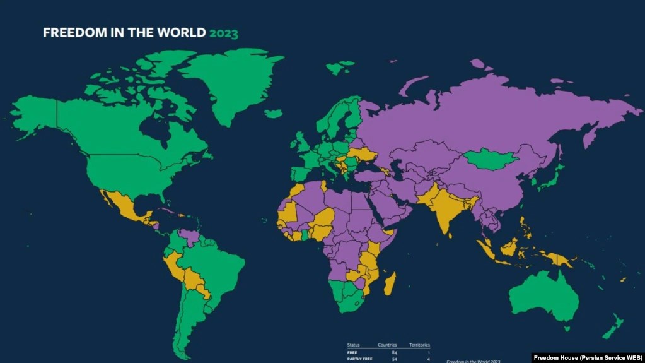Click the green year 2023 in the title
point(224,33)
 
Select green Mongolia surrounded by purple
point(491,160)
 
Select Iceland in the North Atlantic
point(274,114)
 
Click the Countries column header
point(387,345)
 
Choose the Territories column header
point(419,345)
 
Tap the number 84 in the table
point(394,352)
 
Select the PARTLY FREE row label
point(360,359)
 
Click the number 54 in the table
point(394,359)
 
